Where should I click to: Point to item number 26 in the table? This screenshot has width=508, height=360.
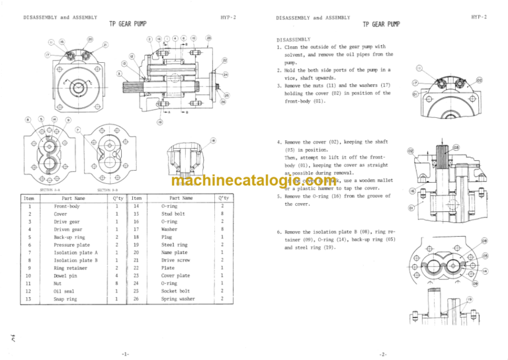pos(136,298)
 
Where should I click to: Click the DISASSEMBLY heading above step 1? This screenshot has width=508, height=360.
pos(297,38)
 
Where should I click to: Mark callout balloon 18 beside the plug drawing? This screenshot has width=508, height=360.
pos(213,140)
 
